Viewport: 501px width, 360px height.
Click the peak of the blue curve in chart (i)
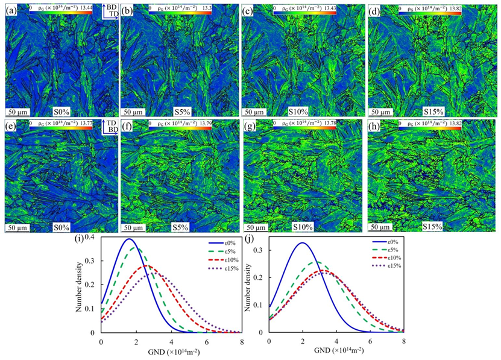point(128,239)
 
